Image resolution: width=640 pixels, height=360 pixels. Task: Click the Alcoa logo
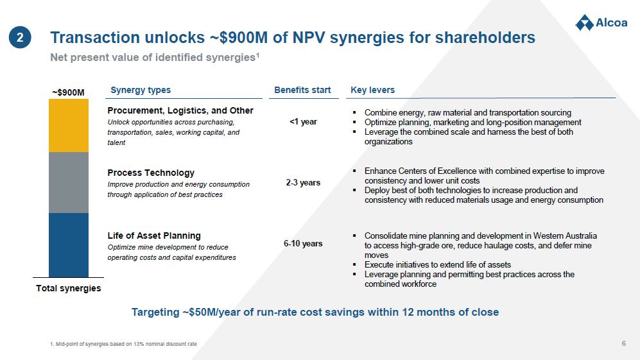coord(601,23)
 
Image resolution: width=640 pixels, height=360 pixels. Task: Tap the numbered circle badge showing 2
coord(20,38)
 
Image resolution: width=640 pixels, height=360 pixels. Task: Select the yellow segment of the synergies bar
coord(69,126)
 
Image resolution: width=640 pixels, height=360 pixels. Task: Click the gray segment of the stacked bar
coord(69,182)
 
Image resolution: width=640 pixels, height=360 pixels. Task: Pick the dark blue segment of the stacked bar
coord(69,245)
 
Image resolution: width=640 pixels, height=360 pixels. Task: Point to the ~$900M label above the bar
coord(68,92)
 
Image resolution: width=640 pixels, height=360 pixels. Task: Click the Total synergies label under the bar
coord(69,288)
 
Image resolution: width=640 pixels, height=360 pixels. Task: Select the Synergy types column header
coord(141,90)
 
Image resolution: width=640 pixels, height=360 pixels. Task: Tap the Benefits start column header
coord(302,90)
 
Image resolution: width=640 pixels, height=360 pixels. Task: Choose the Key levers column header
coord(373,90)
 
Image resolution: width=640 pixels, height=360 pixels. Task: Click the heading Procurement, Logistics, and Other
coord(180,110)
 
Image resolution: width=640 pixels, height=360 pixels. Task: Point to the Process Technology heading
coord(151,173)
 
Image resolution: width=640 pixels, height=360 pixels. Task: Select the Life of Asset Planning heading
coord(154,236)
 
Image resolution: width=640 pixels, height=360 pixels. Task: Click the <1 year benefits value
coord(303,122)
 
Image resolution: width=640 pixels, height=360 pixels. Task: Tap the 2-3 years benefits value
coord(303,182)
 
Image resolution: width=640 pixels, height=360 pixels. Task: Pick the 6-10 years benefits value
coord(303,244)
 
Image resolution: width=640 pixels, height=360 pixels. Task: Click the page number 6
coord(624,343)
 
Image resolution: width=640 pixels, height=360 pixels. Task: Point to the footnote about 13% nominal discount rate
coord(123,344)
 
